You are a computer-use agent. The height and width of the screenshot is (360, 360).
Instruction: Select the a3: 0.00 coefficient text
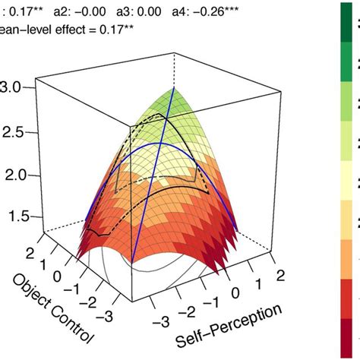[152, 11]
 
